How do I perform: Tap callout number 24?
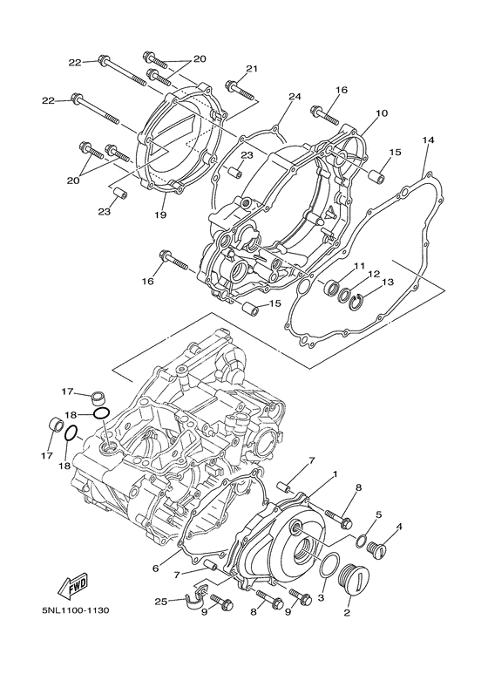tap(294, 97)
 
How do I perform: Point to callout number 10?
tap(381, 114)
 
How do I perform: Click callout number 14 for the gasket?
tap(428, 140)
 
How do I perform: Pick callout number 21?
tap(252, 69)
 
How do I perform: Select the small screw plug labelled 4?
tap(377, 548)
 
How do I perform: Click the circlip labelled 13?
tap(360, 302)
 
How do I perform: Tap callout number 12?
tap(374, 273)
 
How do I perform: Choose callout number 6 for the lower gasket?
tap(156, 568)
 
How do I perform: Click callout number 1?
tap(334, 475)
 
